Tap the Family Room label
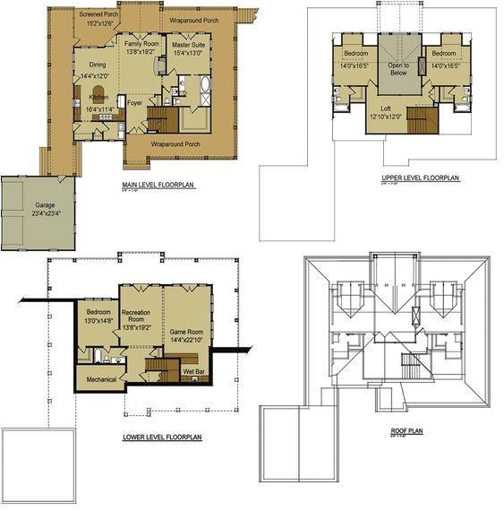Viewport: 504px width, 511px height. [x=142, y=43]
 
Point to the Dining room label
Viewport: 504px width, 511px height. [x=96, y=65]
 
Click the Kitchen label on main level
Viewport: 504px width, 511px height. [x=98, y=97]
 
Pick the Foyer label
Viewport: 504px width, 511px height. [x=135, y=102]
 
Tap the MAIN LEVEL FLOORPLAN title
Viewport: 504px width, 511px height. [x=158, y=185]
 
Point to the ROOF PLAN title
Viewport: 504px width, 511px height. [x=405, y=430]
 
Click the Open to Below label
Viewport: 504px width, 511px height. [x=398, y=70]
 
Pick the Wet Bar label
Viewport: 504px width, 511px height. [x=194, y=369]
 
